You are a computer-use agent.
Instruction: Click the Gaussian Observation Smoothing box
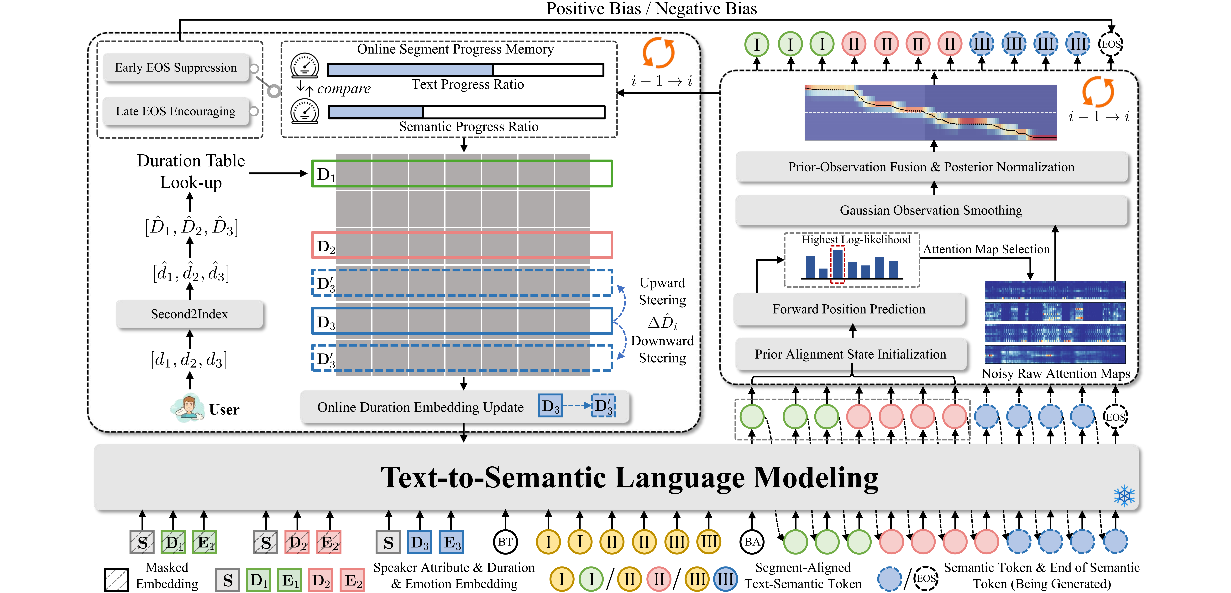coord(931,210)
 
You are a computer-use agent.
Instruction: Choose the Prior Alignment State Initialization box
coord(850,354)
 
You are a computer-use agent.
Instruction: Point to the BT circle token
coord(505,542)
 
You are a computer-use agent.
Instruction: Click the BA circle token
coord(752,542)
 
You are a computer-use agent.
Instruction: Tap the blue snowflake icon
coord(1124,496)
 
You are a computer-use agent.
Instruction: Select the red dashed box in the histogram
coord(837,264)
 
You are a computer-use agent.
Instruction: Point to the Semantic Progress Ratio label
coord(468,127)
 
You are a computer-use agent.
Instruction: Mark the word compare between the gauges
coord(344,89)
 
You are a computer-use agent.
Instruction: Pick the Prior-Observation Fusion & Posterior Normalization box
coord(931,167)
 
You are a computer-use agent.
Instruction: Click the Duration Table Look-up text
coord(191,171)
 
